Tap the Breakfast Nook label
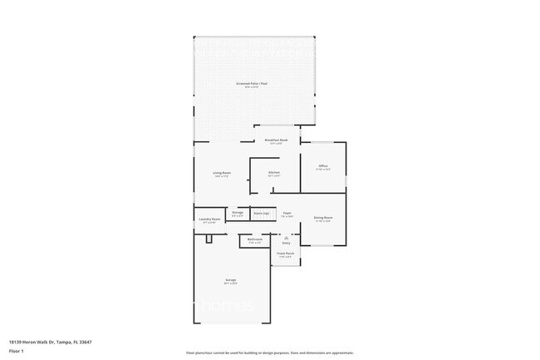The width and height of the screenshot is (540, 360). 276,141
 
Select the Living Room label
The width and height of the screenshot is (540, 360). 222,173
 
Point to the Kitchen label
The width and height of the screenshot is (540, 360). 273,173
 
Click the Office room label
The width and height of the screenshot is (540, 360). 323,166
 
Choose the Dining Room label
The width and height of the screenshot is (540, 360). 323,218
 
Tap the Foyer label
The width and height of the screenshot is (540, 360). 287,213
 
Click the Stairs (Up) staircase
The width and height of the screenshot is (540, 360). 262,214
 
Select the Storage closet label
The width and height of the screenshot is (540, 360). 238,213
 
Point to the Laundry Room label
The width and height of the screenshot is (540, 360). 209,219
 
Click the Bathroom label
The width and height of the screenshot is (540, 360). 255,239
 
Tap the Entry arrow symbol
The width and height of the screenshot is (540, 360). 286,237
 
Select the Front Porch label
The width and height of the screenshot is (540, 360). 285,253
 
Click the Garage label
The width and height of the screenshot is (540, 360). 230,280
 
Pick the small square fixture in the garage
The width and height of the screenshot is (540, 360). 210,239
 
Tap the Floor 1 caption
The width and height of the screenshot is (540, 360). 16,350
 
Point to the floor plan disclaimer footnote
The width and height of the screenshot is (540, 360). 270,353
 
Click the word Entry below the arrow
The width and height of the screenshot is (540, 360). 286,243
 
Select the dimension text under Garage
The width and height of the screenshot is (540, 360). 230,284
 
